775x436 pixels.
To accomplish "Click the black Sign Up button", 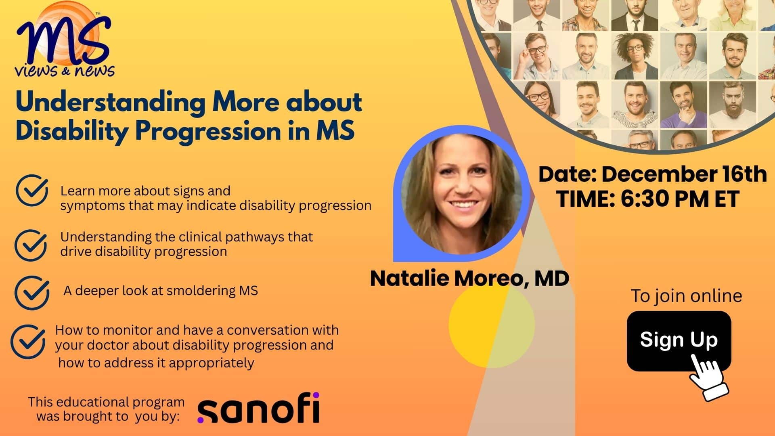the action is tap(679, 341).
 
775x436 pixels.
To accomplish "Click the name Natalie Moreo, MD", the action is tap(469, 278).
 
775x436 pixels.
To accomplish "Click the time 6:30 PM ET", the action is tap(680, 199).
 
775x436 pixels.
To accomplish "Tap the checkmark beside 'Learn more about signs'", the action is tap(32, 190).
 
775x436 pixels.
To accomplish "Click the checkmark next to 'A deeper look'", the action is tap(32, 293).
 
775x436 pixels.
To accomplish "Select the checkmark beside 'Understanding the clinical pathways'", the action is tap(31, 245).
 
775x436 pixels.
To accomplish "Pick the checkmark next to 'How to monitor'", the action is tap(28, 342).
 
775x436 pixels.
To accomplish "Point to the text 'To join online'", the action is tap(686, 296).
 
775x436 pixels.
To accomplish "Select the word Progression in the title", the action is tap(208, 132).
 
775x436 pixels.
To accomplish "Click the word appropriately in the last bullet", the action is tap(212, 363).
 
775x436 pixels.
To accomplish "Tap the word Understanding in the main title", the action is tap(110, 102).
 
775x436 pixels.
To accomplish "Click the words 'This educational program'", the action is tap(106, 402).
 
